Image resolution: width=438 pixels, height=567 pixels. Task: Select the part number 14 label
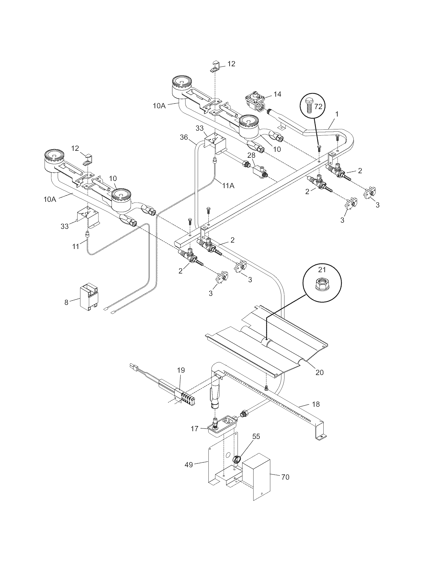pyautogui.click(x=277, y=94)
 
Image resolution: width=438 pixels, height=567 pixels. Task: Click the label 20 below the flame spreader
pyautogui.click(x=319, y=372)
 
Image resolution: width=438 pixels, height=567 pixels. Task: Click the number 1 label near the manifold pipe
pyautogui.click(x=337, y=114)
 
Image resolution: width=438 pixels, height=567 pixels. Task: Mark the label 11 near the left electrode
pyautogui.click(x=75, y=246)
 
